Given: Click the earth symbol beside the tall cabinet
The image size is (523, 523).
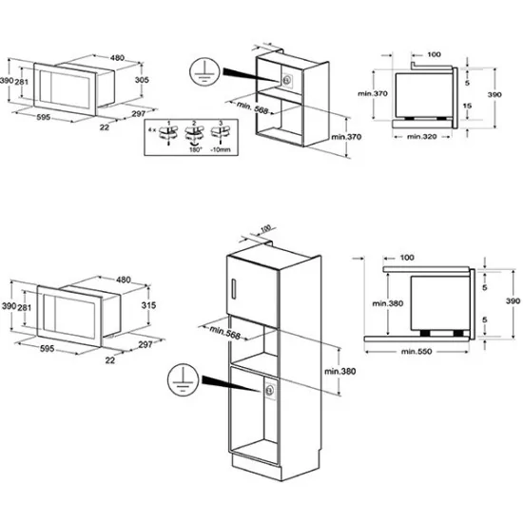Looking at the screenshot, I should [x=178, y=377].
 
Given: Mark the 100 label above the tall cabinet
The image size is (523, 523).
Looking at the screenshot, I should [x=264, y=230].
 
